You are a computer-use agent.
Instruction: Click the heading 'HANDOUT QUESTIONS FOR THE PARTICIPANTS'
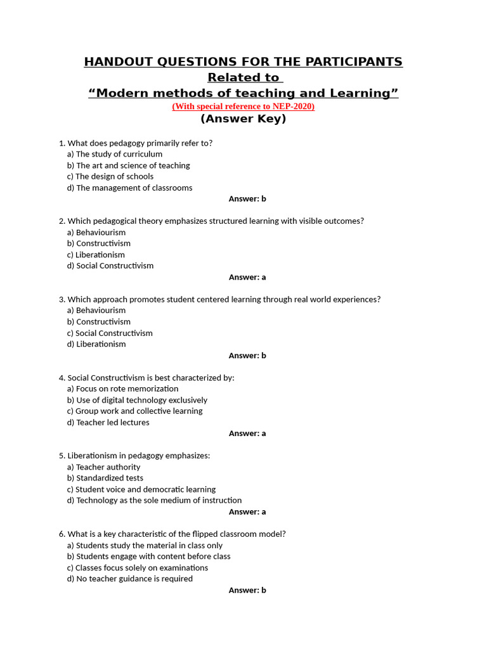(x=243, y=61)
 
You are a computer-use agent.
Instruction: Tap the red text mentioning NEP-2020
(x=243, y=106)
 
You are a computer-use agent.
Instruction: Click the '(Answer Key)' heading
(x=243, y=119)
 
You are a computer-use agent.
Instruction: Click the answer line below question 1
(x=247, y=199)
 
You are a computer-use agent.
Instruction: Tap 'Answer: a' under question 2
(x=247, y=277)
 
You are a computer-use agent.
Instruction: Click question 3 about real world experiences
(x=219, y=299)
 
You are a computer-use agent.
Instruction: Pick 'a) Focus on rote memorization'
(x=122, y=389)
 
